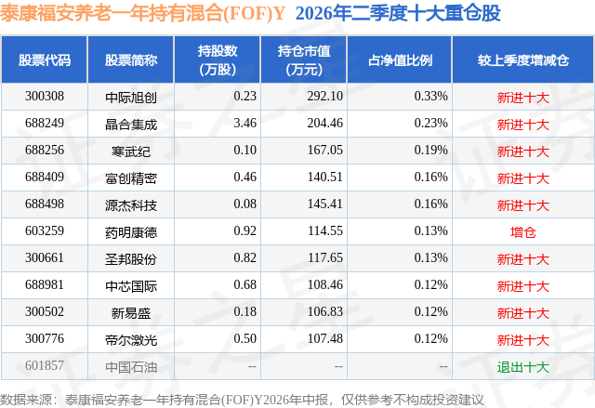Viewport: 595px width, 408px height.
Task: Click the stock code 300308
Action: [45, 97]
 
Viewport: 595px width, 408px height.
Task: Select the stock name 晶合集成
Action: [131, 125]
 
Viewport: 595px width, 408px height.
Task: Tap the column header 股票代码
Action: [45, 59]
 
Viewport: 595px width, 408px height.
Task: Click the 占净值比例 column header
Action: [400, 59]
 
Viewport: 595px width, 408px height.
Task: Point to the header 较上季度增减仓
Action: [523, 59]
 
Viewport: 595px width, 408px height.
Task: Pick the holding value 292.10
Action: [325, 97]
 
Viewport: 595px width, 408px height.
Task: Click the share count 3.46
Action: [245, 124]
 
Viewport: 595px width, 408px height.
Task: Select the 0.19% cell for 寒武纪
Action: [431, 151]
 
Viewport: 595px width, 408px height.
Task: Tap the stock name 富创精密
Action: [131, 178]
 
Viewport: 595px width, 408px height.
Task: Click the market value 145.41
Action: [325, 204]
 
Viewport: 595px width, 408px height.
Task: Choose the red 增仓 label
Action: [523, 232]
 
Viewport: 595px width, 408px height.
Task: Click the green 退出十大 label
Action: [523, 367]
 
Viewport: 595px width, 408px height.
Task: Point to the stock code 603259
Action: [45, 230]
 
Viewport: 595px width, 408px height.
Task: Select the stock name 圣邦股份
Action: [131, 259]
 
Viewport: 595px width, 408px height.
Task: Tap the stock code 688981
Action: [45, 284]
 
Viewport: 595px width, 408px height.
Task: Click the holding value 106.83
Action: [325, 311]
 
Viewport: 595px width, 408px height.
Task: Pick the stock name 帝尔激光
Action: [131, 340]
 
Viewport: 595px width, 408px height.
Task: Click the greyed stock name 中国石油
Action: [131, 367]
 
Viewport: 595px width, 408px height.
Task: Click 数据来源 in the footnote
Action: [26, 400]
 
